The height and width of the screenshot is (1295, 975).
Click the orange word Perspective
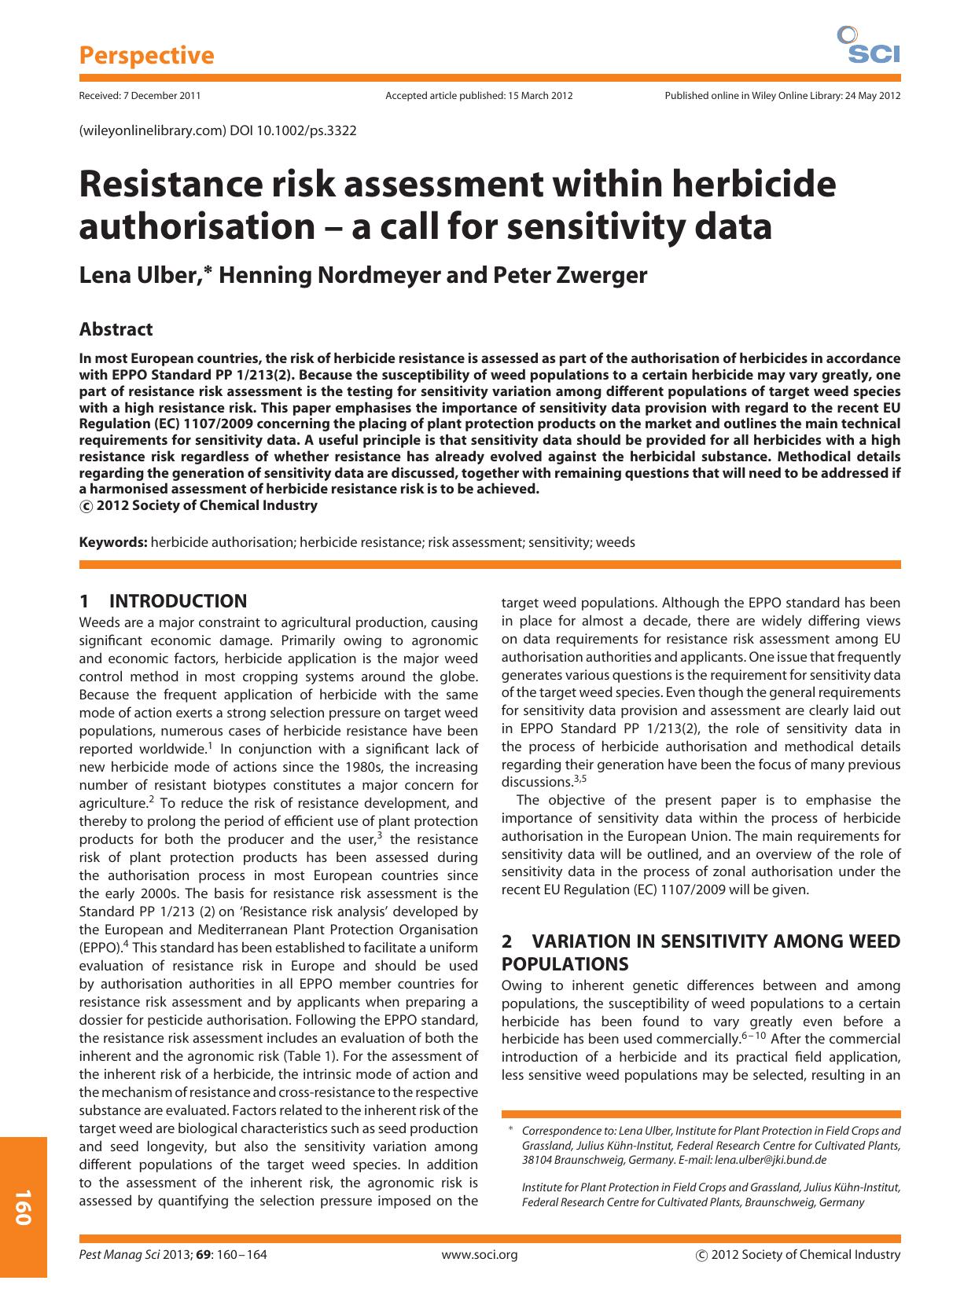click(146, 56)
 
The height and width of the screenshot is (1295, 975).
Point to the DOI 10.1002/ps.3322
click(293, 130)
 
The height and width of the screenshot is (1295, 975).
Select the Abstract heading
click(116, 330)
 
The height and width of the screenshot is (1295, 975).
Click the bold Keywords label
click(113, 542)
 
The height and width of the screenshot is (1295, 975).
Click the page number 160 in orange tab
click(22, 1208)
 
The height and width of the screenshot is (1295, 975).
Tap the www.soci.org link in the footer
click(480, 1255)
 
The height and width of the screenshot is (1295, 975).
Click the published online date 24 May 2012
click(873, 96)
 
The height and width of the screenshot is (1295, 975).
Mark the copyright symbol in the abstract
click(86, 507)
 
